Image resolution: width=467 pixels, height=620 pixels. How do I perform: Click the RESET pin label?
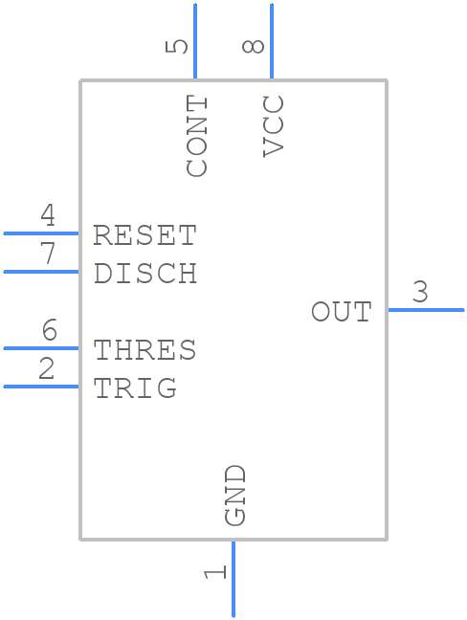click(x=145, y=235)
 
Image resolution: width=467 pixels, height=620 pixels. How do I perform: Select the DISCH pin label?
click(x=145, y=274)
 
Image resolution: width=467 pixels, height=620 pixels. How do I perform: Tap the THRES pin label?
click(x=145, y=350)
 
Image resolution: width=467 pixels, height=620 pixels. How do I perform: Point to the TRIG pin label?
click(x=135, y=388)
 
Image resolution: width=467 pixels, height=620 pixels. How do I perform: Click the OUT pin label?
click(x=341, y=312)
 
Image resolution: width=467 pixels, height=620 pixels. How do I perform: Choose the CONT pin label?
click(x=196, y=136)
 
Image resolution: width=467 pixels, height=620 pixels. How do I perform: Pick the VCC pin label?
click(x=274, y=125)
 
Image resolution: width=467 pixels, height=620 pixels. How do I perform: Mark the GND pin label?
click(x=235, y=495)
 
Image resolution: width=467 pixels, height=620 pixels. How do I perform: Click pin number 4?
click(x=48, y=216)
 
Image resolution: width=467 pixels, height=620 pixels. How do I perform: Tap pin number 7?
click(x=48, y=255)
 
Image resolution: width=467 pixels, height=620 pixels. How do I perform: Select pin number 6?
click(x=49, y=331)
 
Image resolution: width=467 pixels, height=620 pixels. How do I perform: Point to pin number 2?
click(x=47, y=369)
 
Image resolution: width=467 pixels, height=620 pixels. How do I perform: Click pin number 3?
click(x=420, y=293)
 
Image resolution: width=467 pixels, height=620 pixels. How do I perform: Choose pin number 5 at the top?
click(x=178, y=46)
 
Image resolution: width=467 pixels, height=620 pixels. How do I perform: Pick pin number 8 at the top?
click(x=254, y=46)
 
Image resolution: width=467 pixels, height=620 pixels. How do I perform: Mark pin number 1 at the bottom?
click(x=215, y=571)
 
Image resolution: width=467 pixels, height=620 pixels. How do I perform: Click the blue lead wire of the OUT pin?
click(x=425, y=310)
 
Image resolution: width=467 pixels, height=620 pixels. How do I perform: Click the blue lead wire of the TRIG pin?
click(x=41, y=387)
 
